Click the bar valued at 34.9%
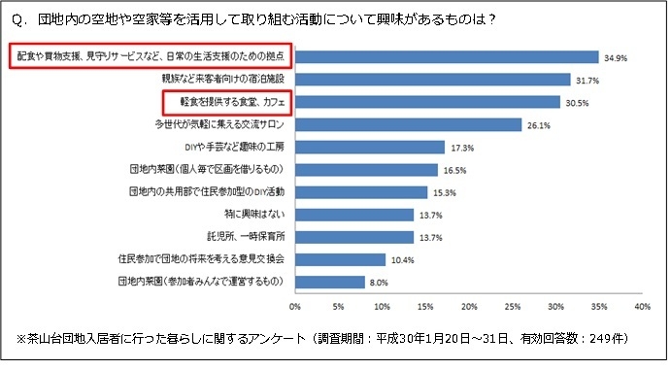(447, 56)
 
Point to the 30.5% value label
(575, 102)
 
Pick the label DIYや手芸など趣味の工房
(236, 147)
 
